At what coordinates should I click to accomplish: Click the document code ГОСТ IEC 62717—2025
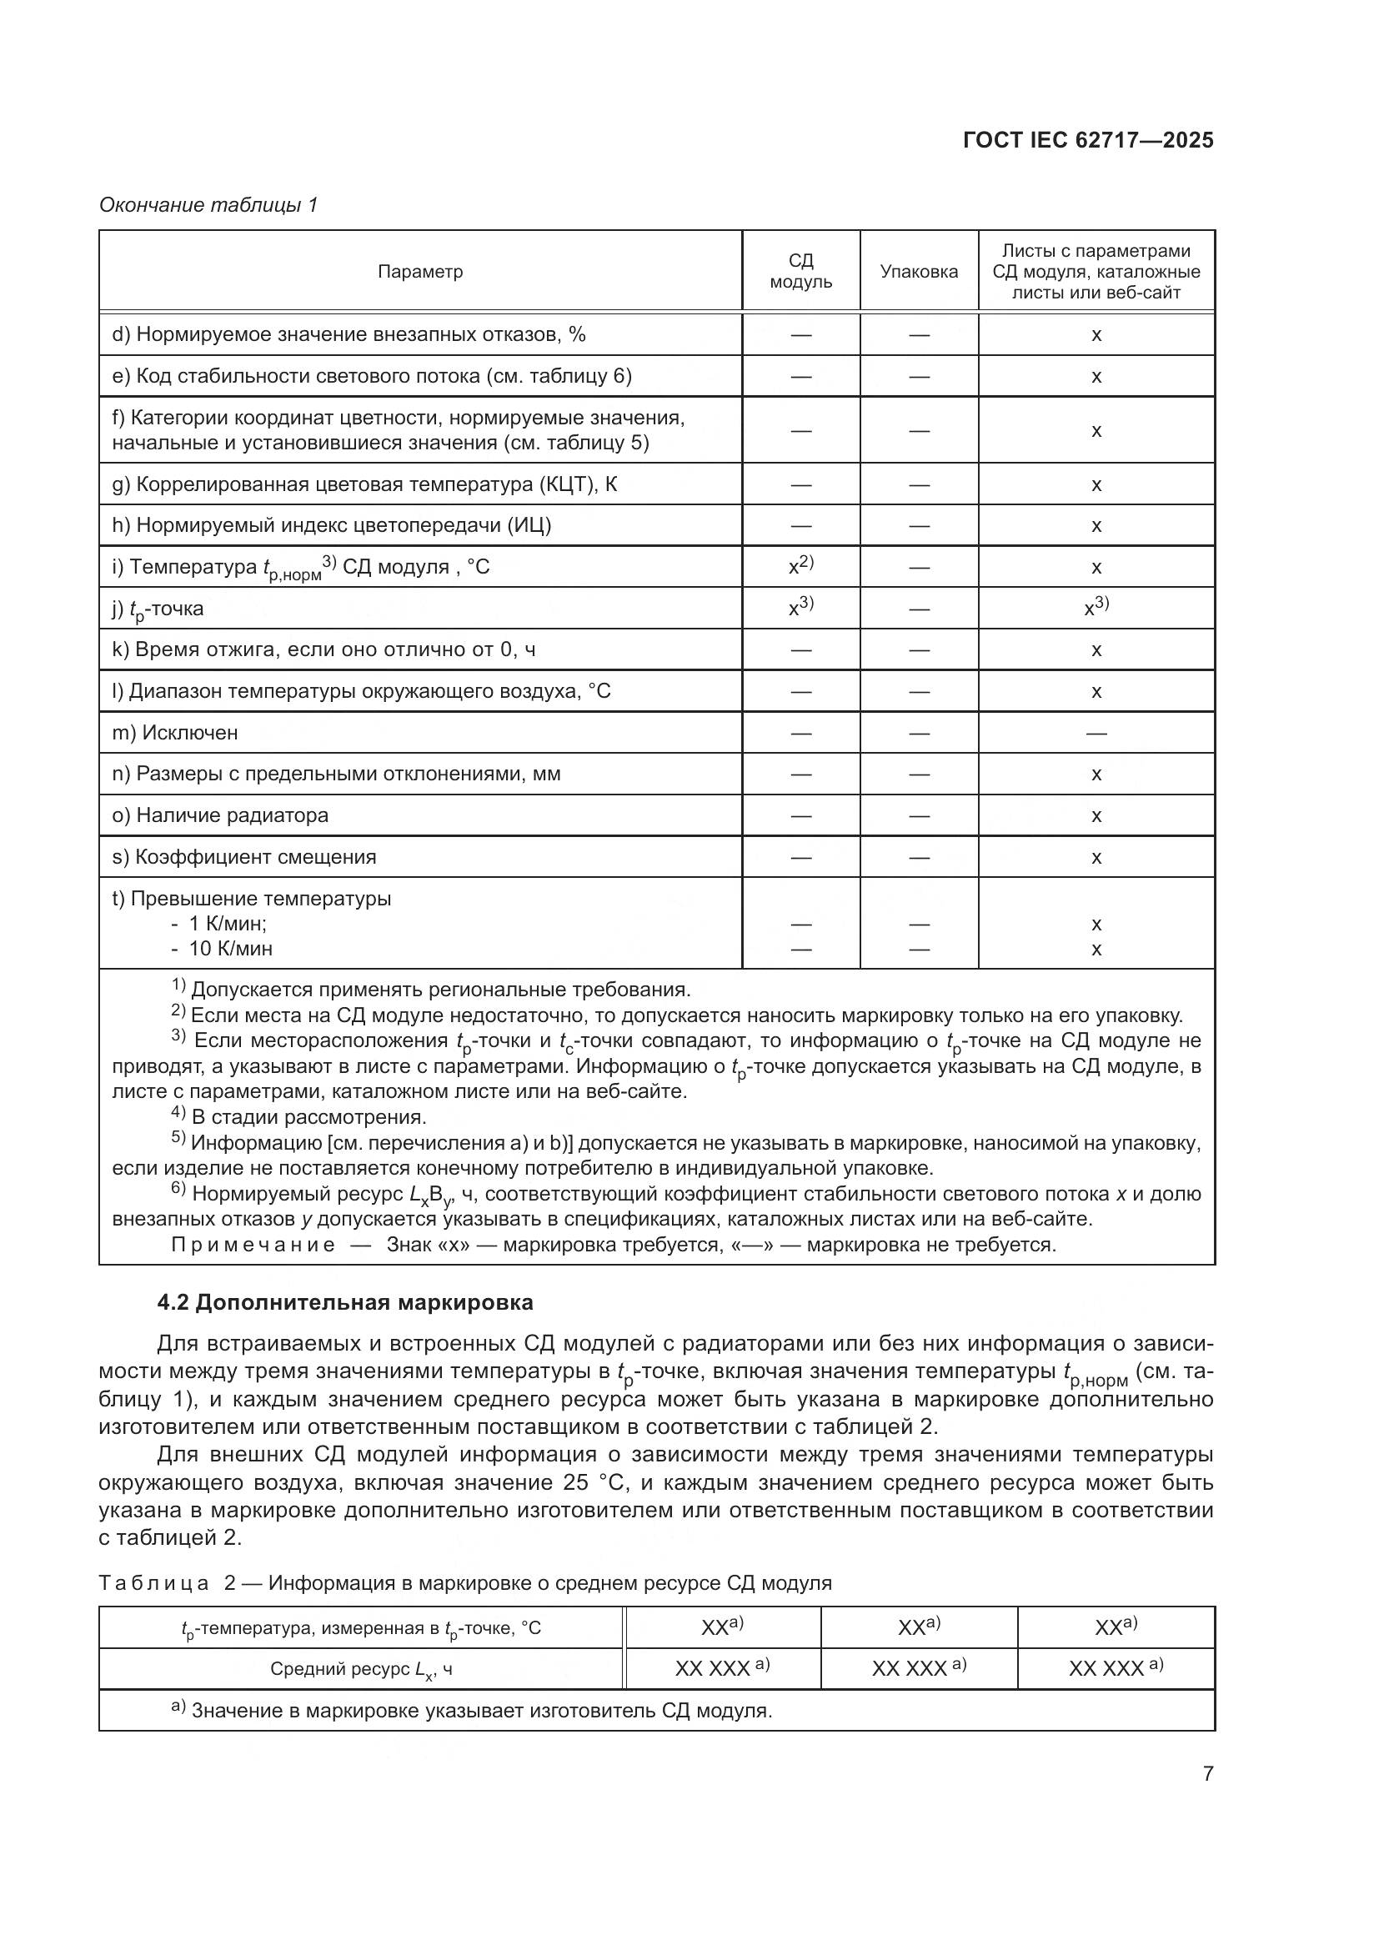tap(1088, 141)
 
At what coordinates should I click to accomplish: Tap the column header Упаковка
tap(919, 272)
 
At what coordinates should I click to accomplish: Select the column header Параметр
tap(420, 272)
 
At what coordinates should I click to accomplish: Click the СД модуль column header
tap(800, 272)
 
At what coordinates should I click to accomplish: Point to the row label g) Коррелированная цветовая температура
tap(365, 485)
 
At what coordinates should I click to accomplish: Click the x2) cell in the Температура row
tap(800, 565)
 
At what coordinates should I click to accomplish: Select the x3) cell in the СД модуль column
tap(800, 607)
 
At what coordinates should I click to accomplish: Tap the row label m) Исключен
tap(175, 732)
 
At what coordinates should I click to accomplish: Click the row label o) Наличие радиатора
tap(220, 815)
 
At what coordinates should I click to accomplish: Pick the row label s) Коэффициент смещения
tap(243, 857)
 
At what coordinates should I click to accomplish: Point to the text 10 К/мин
tap(229, 949)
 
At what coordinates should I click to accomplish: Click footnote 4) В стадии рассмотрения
tap(299, 1116)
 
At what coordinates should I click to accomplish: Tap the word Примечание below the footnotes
tap(253, 1245)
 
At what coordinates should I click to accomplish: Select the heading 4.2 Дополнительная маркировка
tap(346, 1303)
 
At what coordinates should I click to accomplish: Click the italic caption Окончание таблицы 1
tap(208, 205)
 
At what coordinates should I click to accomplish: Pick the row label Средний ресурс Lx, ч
tap(361, 1670)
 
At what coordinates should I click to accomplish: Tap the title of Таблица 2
tap(465, 1583)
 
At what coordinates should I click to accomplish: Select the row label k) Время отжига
tap(323, 649)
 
